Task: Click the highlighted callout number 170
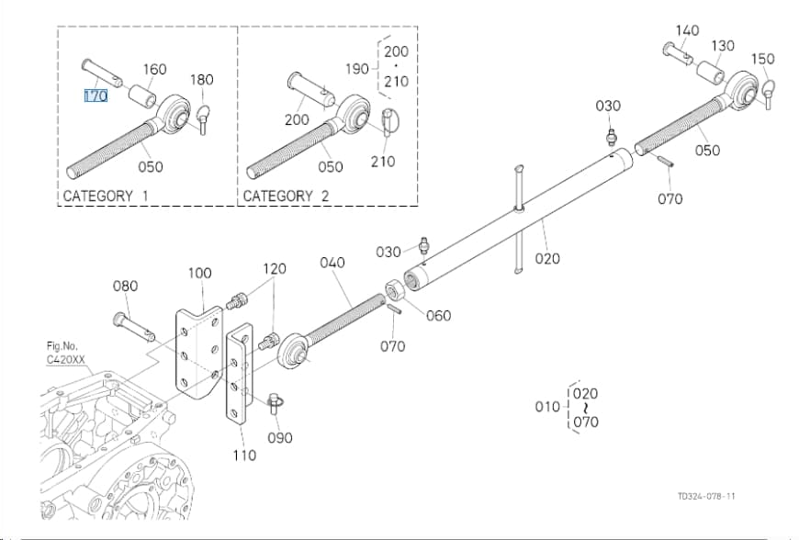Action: tap(96, 96)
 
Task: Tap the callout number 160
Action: tap(154, 69)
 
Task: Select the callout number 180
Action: tap(202, 80)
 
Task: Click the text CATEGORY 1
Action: tap(106, 197)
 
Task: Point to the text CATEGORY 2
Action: tap(286, 197)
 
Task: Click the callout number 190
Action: tap(356, 68)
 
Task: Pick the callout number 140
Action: tap(687, 30)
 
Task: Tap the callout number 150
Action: tap(763, 59)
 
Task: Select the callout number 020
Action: tap(547, 259)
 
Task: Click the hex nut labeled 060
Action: tap(393, 292)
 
